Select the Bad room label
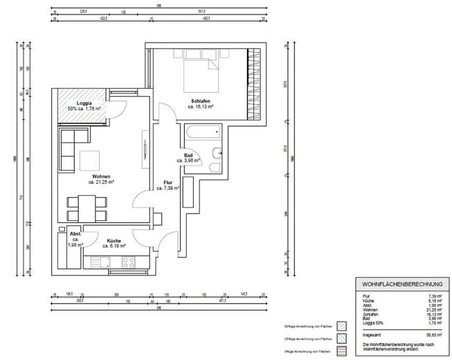pos(188,156)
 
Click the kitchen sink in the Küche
pos(100,262)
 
